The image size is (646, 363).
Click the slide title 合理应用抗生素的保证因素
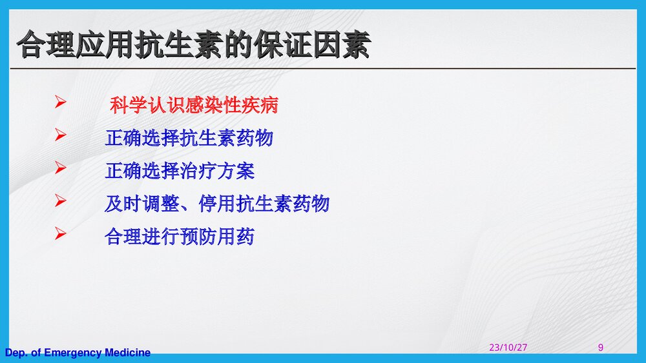194,45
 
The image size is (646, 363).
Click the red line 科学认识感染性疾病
194,105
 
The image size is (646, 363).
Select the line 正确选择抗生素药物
189,138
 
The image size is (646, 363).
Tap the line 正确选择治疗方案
180,171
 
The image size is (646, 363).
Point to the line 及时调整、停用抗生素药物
216,204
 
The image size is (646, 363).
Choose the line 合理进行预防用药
180,237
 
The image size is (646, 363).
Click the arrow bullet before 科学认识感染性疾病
61,102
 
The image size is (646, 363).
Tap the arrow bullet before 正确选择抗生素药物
61,135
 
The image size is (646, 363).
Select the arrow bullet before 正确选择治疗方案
61,168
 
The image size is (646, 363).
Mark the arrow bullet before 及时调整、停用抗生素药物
61,202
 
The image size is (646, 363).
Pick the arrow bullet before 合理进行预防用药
61,234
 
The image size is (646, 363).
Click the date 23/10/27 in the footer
508,348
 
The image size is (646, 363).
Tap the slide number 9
601,348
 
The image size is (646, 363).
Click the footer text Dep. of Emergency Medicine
78,353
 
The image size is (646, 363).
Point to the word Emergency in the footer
72,353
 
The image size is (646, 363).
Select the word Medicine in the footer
127,353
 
